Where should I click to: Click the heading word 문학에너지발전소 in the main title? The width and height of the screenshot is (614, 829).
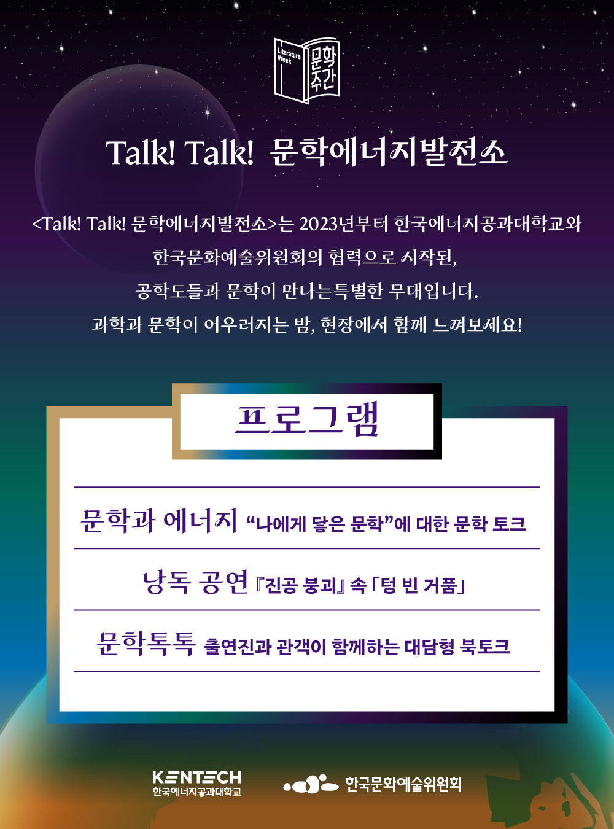(389, 152)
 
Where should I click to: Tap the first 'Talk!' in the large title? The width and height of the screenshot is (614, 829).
(141, 152)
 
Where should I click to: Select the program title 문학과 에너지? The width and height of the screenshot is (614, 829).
(159, 521)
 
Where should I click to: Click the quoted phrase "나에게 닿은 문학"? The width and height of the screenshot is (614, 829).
(319, 524)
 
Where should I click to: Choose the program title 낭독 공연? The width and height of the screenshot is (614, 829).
(195, 582)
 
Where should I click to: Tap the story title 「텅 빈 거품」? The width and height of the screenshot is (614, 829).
(418, 585)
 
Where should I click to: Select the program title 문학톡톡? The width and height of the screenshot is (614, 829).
(146, 644)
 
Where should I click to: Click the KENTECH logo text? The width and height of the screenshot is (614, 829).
(197, 777)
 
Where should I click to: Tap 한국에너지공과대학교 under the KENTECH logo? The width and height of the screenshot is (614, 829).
(197, 792)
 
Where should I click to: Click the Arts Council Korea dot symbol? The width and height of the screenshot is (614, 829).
(311, 784)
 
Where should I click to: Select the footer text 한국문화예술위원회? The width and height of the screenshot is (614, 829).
(403, 784)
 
